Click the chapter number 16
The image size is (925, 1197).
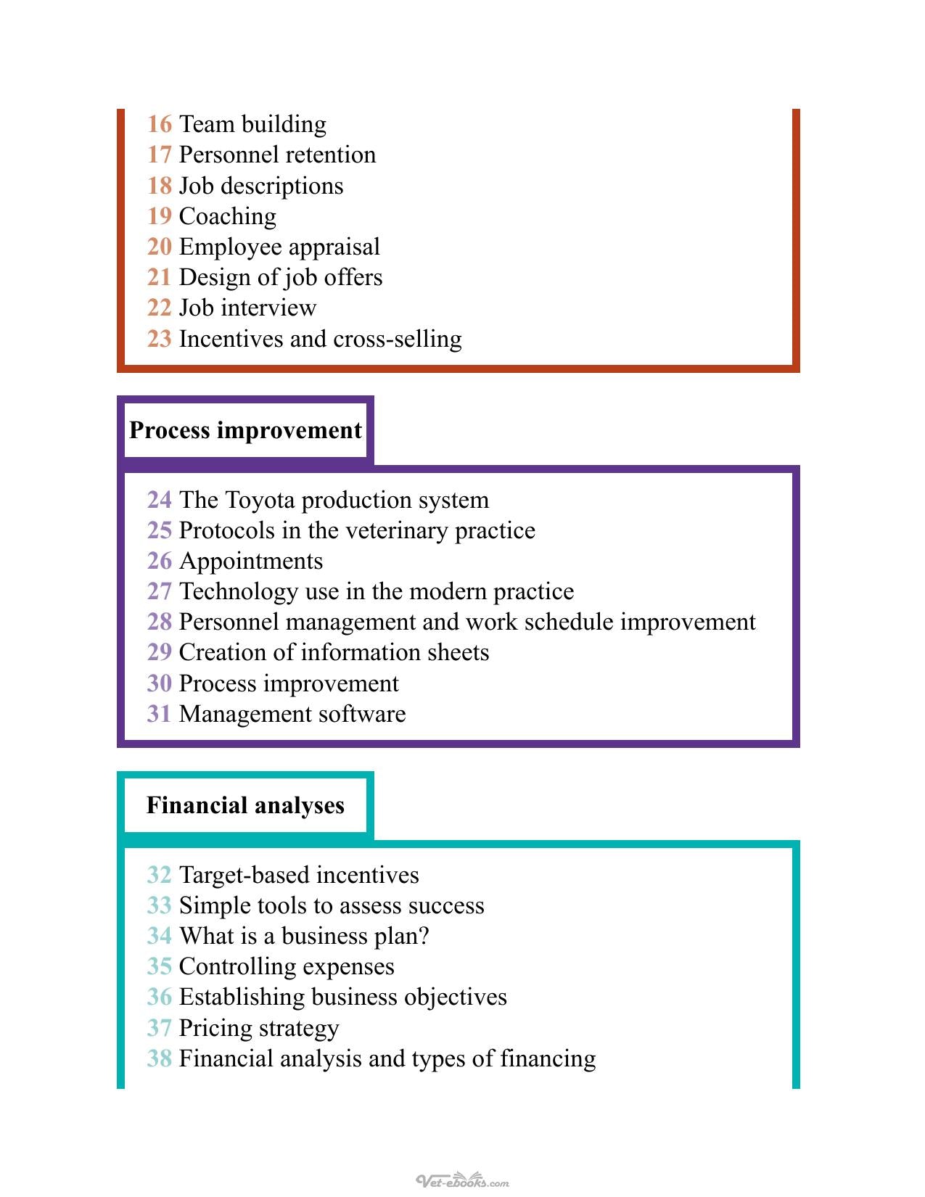160,124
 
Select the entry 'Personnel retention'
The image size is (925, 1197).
278,155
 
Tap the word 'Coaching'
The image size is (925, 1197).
228,217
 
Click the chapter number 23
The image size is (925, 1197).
160,339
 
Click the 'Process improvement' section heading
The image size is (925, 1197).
246,430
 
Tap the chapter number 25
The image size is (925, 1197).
160,530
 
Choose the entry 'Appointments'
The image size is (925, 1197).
251,562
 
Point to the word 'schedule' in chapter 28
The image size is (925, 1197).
569,622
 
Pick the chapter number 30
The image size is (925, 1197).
160,683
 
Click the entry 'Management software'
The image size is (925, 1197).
292,715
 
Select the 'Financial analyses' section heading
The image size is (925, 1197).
246,805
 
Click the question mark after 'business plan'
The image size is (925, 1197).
423,936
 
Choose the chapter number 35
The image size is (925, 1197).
160,967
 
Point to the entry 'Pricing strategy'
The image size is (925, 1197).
259,1029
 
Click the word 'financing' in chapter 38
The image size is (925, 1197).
548,1059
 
